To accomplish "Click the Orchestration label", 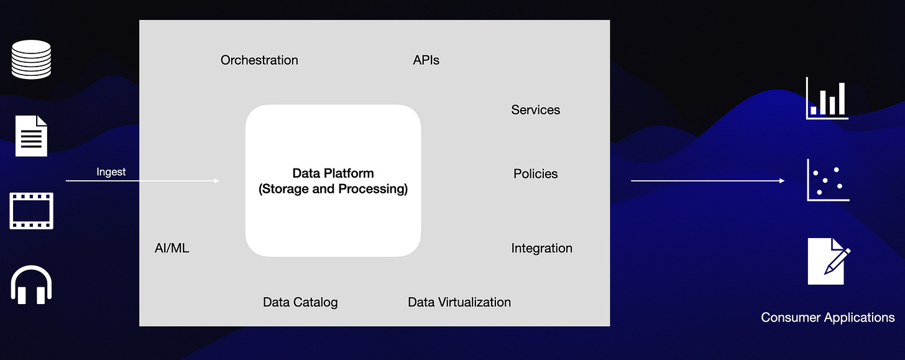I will pos(259,60).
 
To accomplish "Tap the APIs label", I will pos(426,60).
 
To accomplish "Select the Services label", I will pos(535,110).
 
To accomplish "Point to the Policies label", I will pos(535,174).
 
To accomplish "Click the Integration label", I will pos(541,249).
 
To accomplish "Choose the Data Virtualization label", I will pos(459,302).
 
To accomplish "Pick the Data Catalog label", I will pos(300,302).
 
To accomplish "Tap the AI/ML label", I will pos(172,249).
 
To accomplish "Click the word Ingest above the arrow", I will pos(111,172).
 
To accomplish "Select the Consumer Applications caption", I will pos(827,318).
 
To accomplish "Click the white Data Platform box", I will pos(333,181).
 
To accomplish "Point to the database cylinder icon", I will pos(31,59).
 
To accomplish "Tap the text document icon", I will pos(31,136).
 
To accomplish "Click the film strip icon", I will pos(31,211).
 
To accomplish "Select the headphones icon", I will pos(31,285).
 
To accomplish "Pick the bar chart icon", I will pos(827,98).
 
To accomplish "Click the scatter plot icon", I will pos(828,180).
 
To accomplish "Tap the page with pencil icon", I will pos(828,261).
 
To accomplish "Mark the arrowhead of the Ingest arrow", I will pos(216,181).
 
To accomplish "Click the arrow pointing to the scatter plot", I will pos(707,181).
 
